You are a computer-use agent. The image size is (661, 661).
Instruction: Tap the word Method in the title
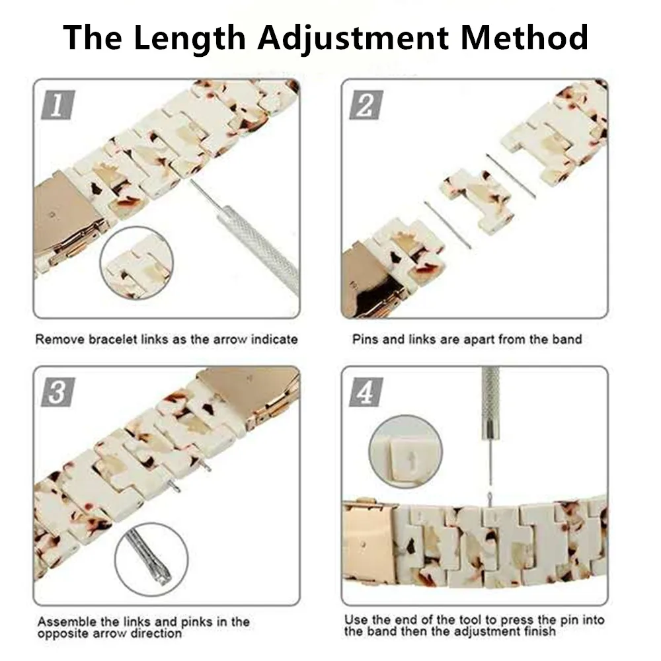pyautogui.click(x=524, y=38)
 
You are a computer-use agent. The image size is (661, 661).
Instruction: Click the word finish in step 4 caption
pyautogui.click(x=540, y=632)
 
